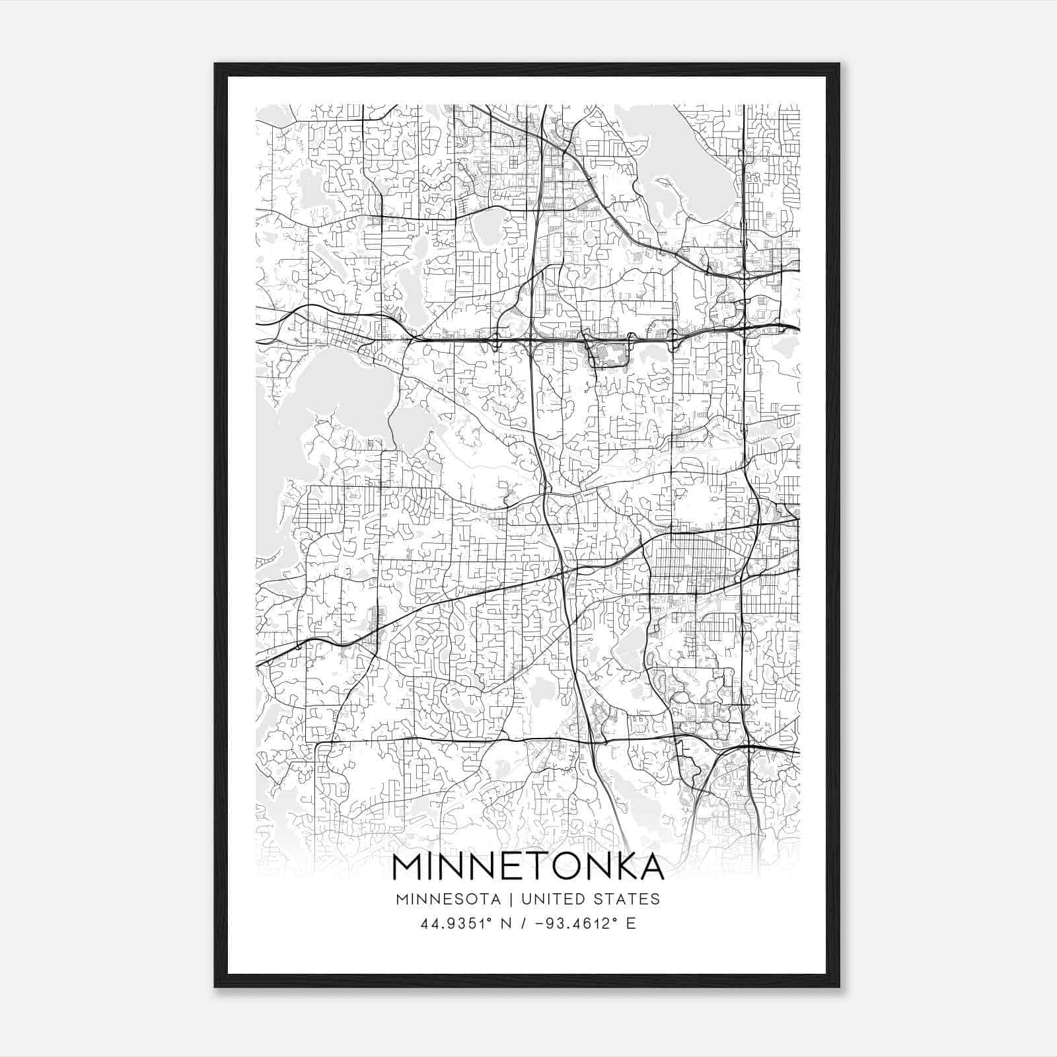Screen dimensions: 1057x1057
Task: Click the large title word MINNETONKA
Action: click(528, 867)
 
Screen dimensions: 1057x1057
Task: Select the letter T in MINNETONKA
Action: click(536, 867)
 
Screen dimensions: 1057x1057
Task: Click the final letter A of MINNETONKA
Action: click(649, 867)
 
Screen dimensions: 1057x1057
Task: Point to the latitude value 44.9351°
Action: click(448, 924)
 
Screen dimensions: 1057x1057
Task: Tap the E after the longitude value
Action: click(631, 924)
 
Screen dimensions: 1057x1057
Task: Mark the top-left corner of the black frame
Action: click(216, 65)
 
